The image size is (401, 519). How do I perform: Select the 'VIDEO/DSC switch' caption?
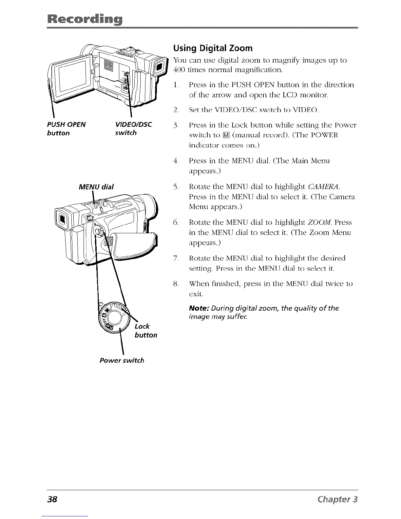click(133, 129)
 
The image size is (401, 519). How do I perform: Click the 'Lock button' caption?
click(145, 331)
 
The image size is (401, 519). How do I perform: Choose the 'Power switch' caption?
click(122, 360)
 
